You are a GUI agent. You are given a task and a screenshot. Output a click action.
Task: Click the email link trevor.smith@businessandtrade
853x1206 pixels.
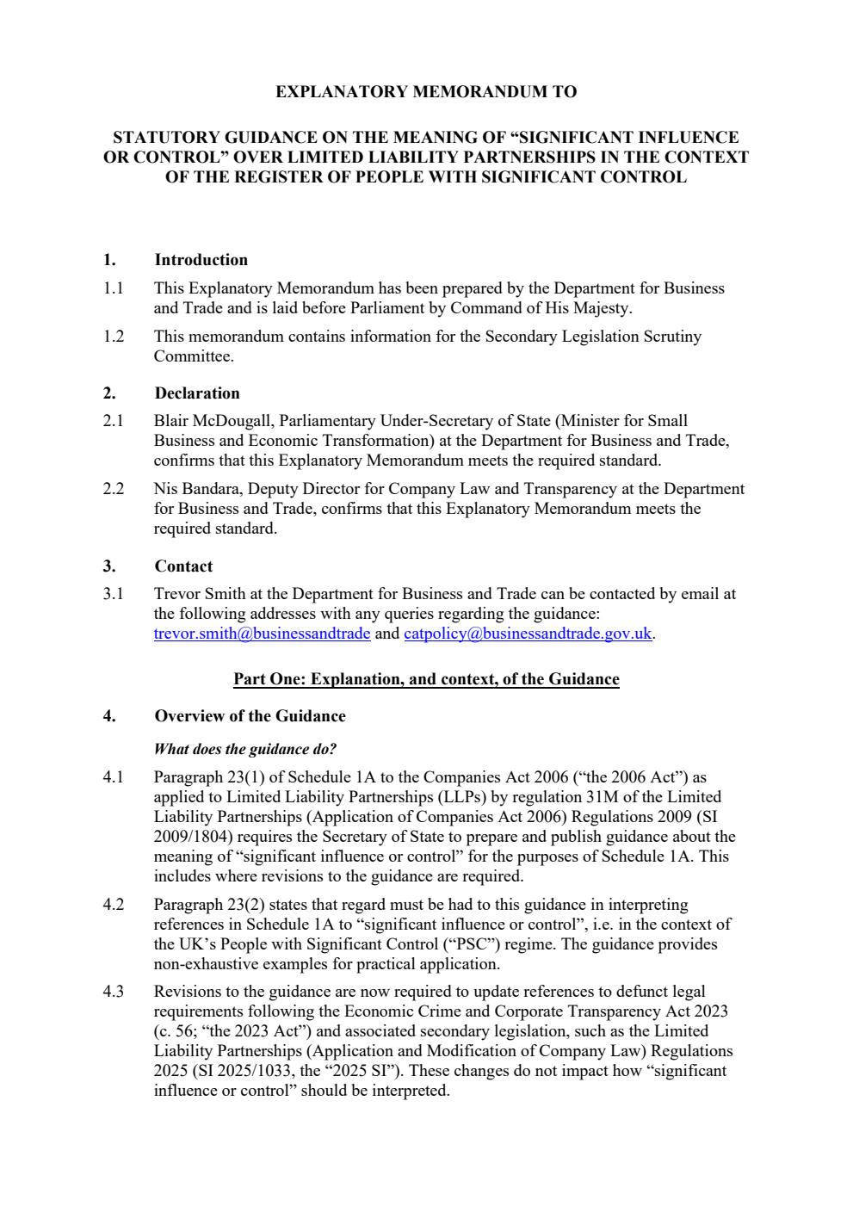click(x=262, y=634)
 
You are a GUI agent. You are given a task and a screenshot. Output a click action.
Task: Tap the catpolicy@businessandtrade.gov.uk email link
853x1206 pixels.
click(x=528, y=634)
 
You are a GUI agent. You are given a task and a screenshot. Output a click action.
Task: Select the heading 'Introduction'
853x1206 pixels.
click(x=201, y=260)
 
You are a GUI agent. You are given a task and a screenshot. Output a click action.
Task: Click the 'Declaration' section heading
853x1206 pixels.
click(x=197, y=393)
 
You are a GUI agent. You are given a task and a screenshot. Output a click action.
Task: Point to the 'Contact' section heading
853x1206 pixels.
click(x=183, y=566)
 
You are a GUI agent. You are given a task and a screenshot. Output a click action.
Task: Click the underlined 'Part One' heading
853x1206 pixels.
click(x=426, y=679)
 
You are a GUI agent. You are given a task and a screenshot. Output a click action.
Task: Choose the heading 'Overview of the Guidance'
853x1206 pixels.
click(x=250, y=716)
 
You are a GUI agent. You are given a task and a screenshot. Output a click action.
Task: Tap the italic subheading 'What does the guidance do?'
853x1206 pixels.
click(x=245, y=749)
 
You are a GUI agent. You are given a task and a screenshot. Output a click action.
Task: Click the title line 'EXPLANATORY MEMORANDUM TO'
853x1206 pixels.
click(x=426, y=92)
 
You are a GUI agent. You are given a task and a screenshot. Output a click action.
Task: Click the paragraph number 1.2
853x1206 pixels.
click(x=114, y=337)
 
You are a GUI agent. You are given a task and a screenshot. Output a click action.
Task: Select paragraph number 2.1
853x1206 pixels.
click(x=114, y=421)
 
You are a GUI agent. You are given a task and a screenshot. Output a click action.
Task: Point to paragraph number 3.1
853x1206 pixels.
click(x=114, y=594)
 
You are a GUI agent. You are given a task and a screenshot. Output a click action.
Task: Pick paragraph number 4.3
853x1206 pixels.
click(x=114, y=992)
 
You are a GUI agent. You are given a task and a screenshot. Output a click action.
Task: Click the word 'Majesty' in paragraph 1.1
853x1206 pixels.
click(x=602, y=308)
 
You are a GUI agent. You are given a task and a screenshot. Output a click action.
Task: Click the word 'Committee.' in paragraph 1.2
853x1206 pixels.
click(x=194, y=356)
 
